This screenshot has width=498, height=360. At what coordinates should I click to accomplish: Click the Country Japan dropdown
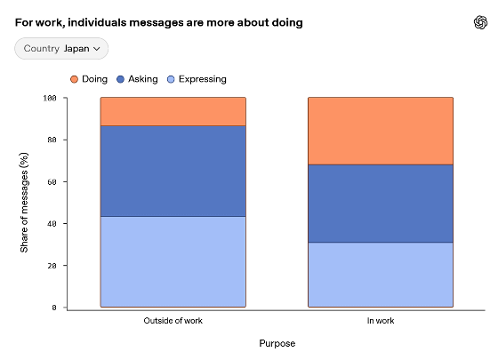61,49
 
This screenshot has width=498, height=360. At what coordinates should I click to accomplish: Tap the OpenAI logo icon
480,22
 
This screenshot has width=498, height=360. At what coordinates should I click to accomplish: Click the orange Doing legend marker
74,79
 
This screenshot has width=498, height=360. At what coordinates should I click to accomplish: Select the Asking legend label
143,79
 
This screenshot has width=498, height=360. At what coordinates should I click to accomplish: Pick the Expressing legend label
203,79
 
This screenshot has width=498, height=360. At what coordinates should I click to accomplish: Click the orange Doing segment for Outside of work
173,112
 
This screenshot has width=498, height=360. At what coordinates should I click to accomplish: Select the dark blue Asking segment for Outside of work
173,172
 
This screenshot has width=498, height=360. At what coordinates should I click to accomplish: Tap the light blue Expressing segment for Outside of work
173,262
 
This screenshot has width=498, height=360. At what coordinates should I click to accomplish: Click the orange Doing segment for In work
381,132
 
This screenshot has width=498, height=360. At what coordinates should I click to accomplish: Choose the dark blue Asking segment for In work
381,204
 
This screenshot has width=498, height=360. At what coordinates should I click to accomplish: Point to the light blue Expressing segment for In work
381,275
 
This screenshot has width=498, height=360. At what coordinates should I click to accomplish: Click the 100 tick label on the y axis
50,98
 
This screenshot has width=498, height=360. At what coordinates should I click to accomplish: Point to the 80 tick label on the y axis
52,140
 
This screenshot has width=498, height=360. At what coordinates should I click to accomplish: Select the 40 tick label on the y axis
52,224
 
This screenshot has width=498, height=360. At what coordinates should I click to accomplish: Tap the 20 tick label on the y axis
52,266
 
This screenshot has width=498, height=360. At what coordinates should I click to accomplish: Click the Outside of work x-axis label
173,321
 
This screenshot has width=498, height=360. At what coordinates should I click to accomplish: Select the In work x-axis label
381,321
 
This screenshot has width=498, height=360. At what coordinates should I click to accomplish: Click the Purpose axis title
277,343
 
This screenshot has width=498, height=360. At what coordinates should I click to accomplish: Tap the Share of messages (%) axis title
25,203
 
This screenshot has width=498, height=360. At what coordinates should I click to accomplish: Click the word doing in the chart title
286,23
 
